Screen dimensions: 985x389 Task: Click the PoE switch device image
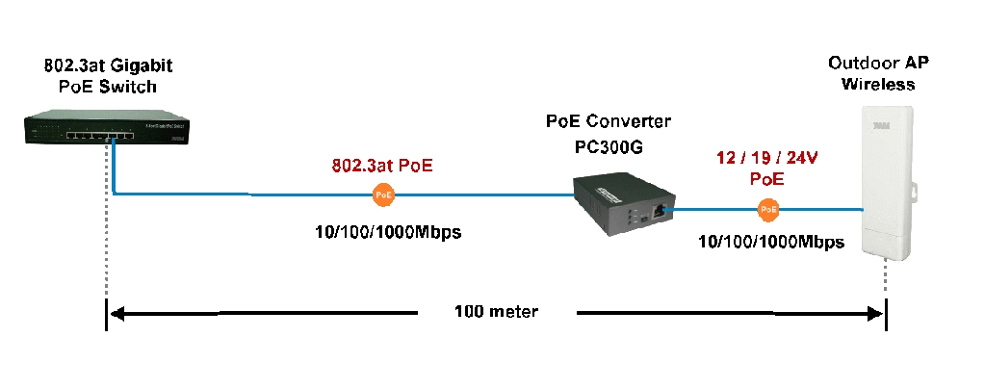108,130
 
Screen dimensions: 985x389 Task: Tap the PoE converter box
619,205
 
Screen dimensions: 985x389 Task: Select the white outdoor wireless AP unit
886,182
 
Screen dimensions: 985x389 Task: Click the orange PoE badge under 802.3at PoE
384,194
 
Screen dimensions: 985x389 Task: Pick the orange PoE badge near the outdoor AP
768,209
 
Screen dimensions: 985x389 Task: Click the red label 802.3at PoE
382,166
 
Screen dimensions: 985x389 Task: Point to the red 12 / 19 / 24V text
766,158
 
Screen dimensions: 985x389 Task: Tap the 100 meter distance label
496,311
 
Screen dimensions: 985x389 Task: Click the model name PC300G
609,147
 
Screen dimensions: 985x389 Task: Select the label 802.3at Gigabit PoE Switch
108,75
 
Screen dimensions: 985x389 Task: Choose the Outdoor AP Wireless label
878,73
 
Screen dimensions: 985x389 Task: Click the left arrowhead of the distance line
117,312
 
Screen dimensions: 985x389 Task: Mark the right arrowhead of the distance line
875,312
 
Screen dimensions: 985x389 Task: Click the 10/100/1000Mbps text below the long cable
388,232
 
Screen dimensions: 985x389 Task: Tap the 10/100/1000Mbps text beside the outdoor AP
771,242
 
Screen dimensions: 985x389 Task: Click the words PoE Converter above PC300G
609,120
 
